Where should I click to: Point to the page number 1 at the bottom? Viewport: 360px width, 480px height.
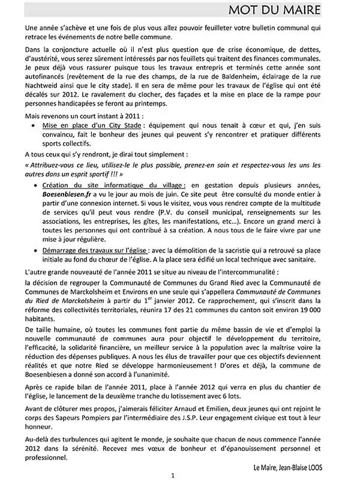[x=173, y=475]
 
